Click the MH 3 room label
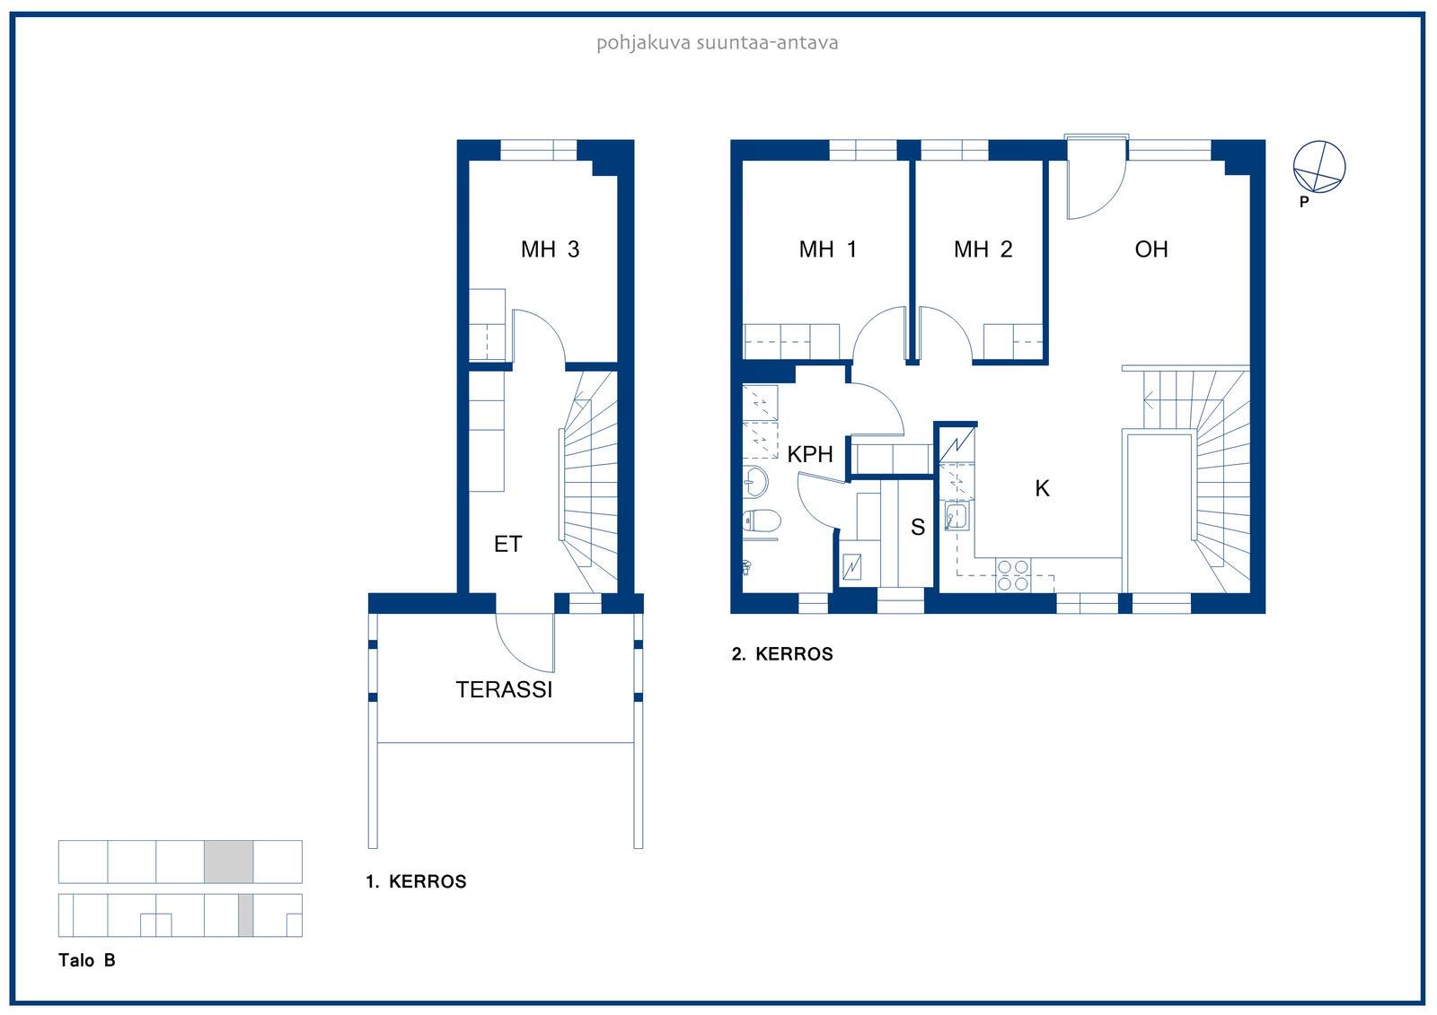point(550,249)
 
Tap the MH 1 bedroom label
point(827,249)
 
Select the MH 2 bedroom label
point(983,249)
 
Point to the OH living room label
point(1150,249)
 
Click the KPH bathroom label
point(809,454)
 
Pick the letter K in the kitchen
point(1042,488)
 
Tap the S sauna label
point(917,527)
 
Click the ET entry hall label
point(507,545)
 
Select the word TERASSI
point(504,689)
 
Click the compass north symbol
point(1319,167)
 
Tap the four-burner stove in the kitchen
point(1013,575)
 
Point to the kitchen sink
point(956,515)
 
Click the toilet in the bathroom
point(761,521)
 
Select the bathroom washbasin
point(755,482)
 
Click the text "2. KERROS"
point(782,654)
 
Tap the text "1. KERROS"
point(416,881)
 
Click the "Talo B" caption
point(86,960)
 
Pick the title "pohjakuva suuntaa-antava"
point(718,43)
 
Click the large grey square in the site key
point(228,862)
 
